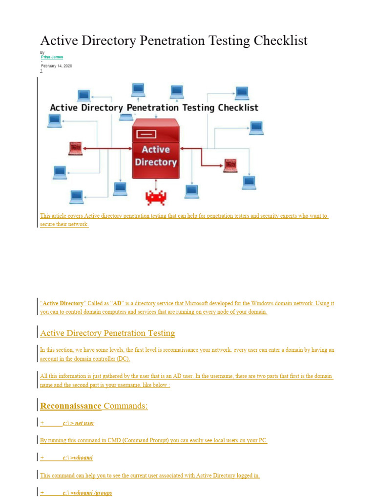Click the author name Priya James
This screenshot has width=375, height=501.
(52, 57)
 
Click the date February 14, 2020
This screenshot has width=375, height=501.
(56, 66)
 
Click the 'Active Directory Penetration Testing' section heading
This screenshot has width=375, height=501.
(107, 333)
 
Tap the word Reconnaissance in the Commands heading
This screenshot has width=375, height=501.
(71, 406)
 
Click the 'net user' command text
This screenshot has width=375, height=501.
(84, 423)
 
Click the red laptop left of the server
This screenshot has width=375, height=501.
(75, 148)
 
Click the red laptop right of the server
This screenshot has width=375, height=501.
(230, 165)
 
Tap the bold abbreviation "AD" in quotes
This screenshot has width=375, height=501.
(117, 303)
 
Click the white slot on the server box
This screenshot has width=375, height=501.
(146, 134)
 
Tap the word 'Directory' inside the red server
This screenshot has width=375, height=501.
(156, 161)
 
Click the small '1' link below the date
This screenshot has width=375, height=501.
(41, 71)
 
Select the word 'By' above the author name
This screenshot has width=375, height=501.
(42, 52)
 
